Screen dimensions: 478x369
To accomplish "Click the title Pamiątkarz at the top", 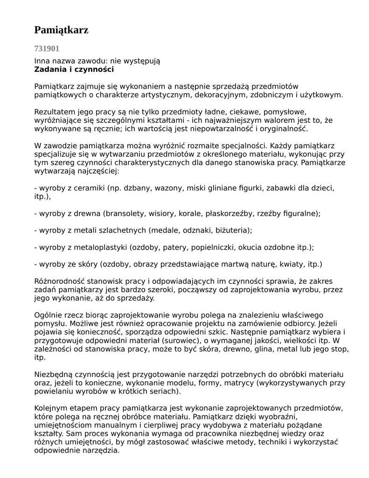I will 61,30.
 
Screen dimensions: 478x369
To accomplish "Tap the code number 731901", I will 47,48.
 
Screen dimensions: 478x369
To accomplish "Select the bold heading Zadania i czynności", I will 74,70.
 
